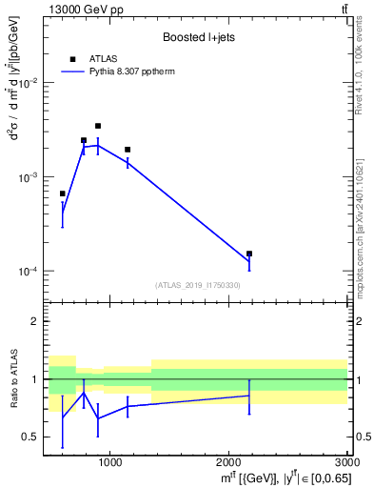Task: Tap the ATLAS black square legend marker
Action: [x=72, y=58]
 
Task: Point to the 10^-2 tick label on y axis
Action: [x=28, y=84]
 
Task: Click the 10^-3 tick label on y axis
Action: [x=28, y=178]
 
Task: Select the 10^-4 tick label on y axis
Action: [x=28, y=272]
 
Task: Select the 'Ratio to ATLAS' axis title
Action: [x=12, y=379]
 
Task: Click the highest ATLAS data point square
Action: [x=97, y=126]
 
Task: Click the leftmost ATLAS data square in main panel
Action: [x=63, y=193]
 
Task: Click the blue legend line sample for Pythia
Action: [x=72, y=71]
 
